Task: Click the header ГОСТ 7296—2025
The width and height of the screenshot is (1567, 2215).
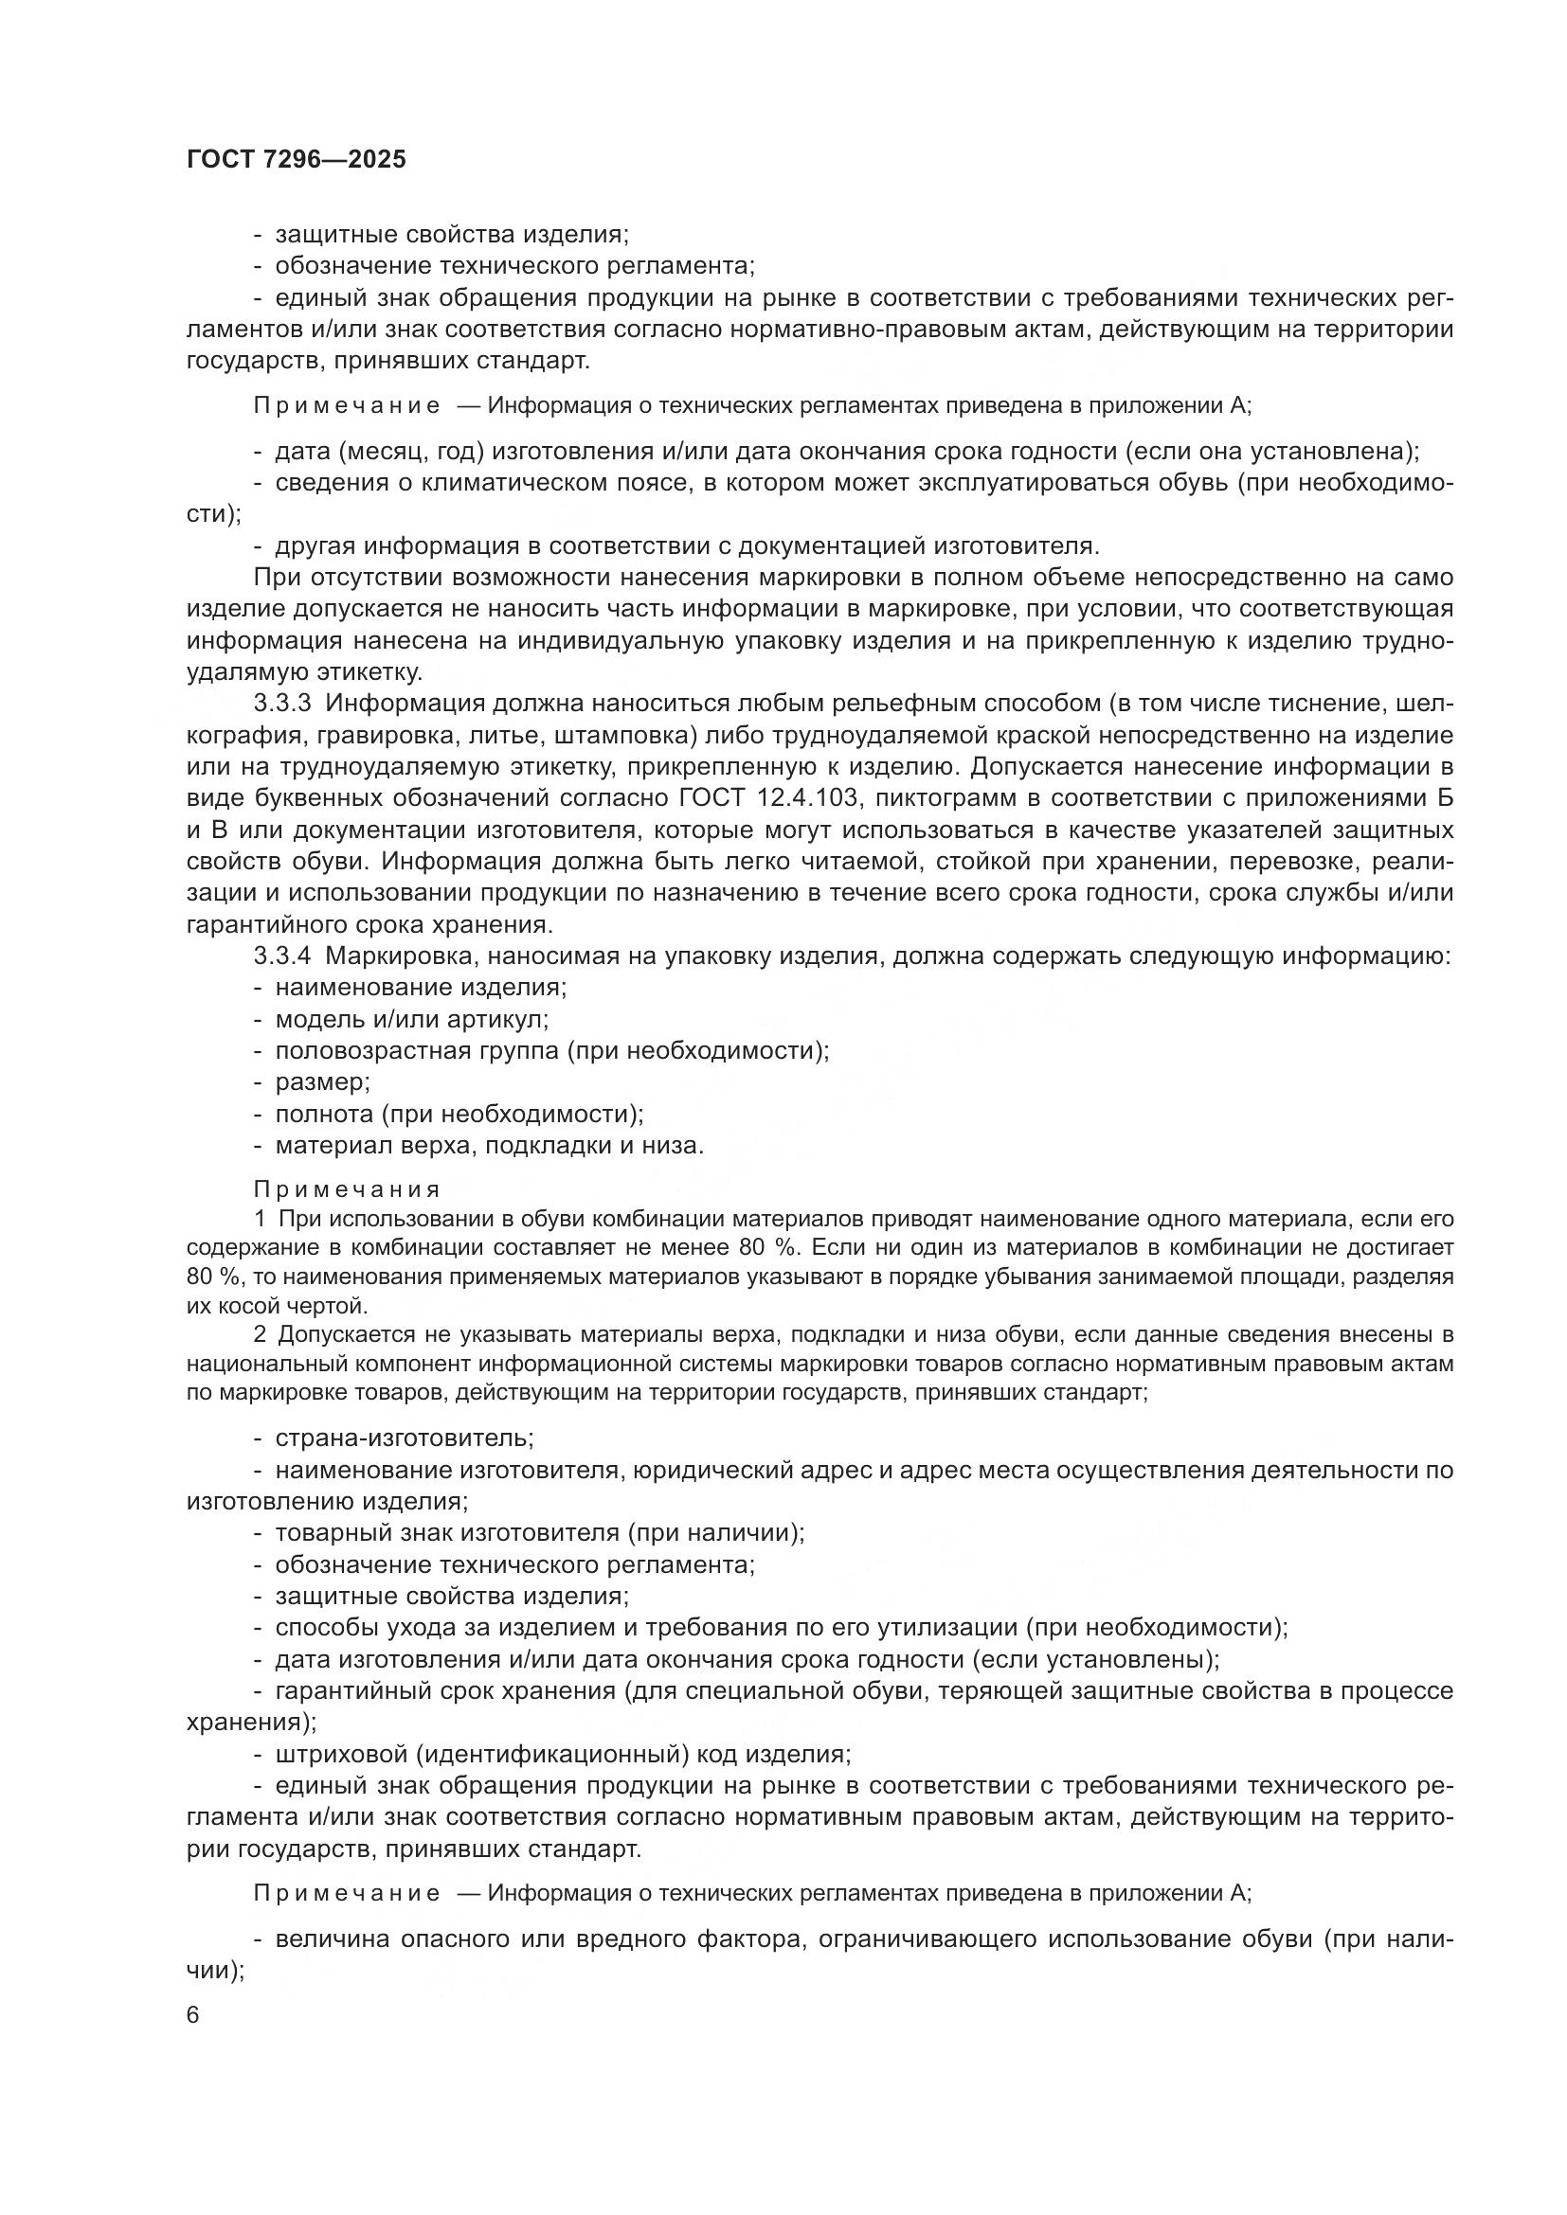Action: [x=297, y=160]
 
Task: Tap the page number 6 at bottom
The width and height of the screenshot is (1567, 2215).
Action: [x=193, y=2015]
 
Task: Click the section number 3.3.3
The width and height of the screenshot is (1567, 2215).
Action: [x=282, y=705]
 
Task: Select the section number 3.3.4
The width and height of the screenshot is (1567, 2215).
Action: [x=282, y=956]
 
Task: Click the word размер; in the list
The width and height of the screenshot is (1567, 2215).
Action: [x=322, y=1081]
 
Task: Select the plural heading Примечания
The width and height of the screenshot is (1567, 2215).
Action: [x=347, y=1189]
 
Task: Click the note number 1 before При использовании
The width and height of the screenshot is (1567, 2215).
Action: [x=260, y=1219]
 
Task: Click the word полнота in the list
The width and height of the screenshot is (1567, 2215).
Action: [x=324, y=1114]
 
